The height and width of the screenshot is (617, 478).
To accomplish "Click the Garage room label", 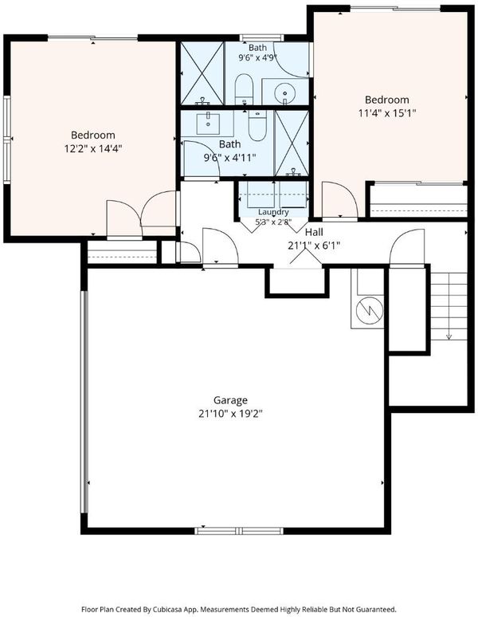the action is click(x=230, y=401).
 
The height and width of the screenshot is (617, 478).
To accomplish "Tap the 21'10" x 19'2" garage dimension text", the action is click(x=230, y=414).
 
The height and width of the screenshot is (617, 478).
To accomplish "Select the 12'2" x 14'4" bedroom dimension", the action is click(x=93, y=149).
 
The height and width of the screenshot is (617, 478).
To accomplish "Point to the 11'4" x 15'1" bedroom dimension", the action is click(x=387, y=113).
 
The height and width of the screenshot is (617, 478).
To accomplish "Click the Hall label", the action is click(x=314, y=231).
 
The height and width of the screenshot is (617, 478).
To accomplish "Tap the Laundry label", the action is click(x=273, y=212).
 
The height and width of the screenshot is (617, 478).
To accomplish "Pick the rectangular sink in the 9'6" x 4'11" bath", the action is click(x=208, y=124).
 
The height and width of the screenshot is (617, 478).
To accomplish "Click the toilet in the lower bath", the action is click(x=257, y=125).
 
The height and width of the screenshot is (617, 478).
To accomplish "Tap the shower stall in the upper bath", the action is click(x=202, y=73).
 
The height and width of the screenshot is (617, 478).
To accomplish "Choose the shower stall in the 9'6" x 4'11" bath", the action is click(x=292, y=143).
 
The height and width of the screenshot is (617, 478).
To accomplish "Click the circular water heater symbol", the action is click(x=370, y=310).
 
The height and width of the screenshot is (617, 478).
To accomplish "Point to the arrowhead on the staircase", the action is click(x=449, y=336).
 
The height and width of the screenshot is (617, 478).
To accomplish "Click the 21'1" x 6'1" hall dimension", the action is click(x=314, y=246).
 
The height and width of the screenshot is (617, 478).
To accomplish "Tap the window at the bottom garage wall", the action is click(x=239, y=531).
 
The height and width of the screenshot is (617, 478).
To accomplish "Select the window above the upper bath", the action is click(x=262, y=37).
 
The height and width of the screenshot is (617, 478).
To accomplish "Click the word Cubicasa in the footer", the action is click(x=169, y=609).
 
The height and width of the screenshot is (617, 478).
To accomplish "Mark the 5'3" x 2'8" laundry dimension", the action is click(x=273, y=222).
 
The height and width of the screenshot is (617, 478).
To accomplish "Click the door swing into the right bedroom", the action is click(x=339, y=199).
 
